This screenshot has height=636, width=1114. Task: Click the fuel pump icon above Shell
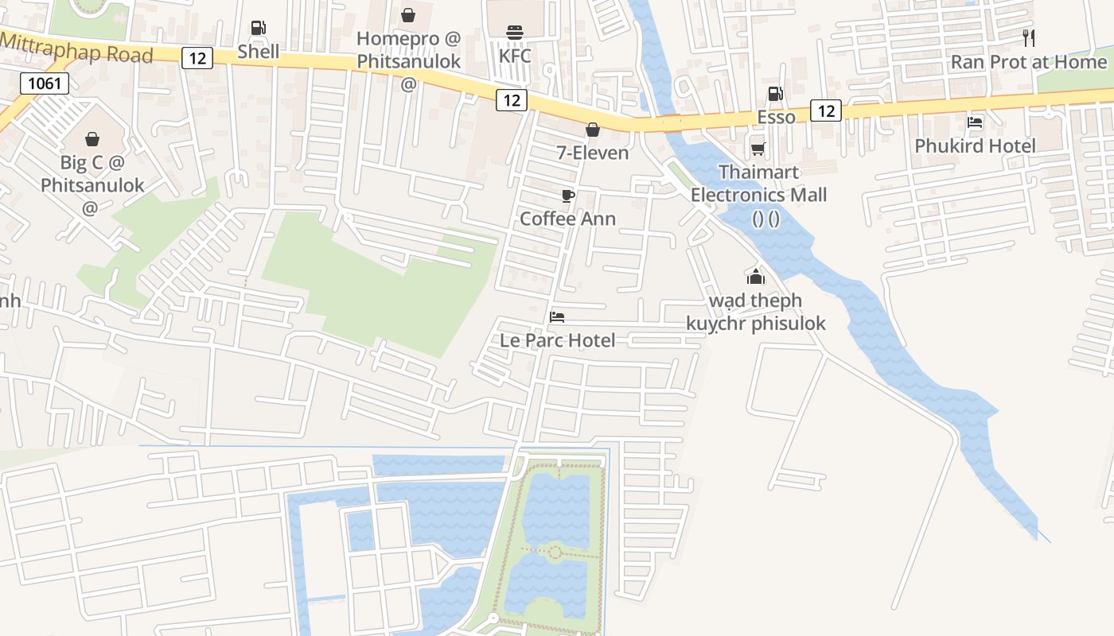tap(258, 28)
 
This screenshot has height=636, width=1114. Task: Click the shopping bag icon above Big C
tap(92, 140)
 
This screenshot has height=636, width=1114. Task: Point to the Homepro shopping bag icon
tap(408, 15)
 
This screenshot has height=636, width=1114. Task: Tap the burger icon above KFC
tap(514, 33)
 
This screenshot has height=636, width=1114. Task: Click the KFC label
tap(515, 56)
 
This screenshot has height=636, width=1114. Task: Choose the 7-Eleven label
tap(593, 153)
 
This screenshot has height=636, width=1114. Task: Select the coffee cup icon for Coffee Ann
tap(567, 196)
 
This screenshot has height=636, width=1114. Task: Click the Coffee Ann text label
tap(567, 218)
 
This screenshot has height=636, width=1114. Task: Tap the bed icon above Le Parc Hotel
tap(557, 317)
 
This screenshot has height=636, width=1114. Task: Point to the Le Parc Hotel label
tap(557, 340)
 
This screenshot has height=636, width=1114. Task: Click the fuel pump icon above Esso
tap(775, 94)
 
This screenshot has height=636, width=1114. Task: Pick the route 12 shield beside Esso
tap(826, 111)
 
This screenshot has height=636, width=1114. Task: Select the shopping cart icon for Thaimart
tap(758, 149)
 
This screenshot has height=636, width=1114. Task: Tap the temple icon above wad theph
tap(755, 277)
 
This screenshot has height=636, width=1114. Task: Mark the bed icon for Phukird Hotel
tap(975, 122)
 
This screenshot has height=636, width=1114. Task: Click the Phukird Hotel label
tap(975, 145)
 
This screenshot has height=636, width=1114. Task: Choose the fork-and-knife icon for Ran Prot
tap(1029, 37)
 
